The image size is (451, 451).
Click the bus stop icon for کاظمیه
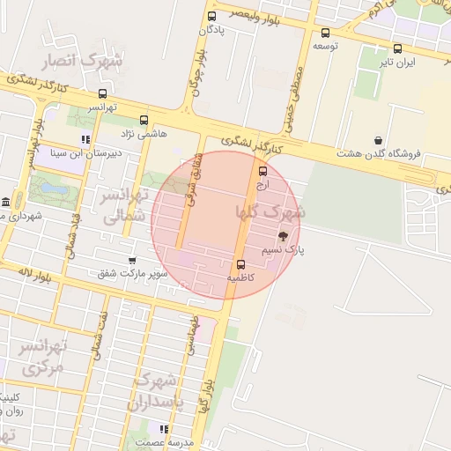click(x=240, y=264)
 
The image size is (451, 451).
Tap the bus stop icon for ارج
click(x=262, y=171)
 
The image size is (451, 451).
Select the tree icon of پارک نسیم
click(x=283, y=235)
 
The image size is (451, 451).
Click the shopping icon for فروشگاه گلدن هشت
click(x=379, y=140)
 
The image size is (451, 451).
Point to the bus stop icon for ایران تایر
click(x=398, y=49)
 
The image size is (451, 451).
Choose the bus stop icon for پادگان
click(x=211, y=16)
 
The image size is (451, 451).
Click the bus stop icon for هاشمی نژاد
click(x=144, y=120)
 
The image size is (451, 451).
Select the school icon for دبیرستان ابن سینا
click(x=85, y=139)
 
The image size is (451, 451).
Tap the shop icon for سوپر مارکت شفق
click(x=132, y=261)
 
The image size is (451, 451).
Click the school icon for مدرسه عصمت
click(x=164, y=428)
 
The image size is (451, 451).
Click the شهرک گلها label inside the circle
click(x=270, y=211)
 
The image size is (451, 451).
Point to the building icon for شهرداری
click(x=6, y=202)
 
